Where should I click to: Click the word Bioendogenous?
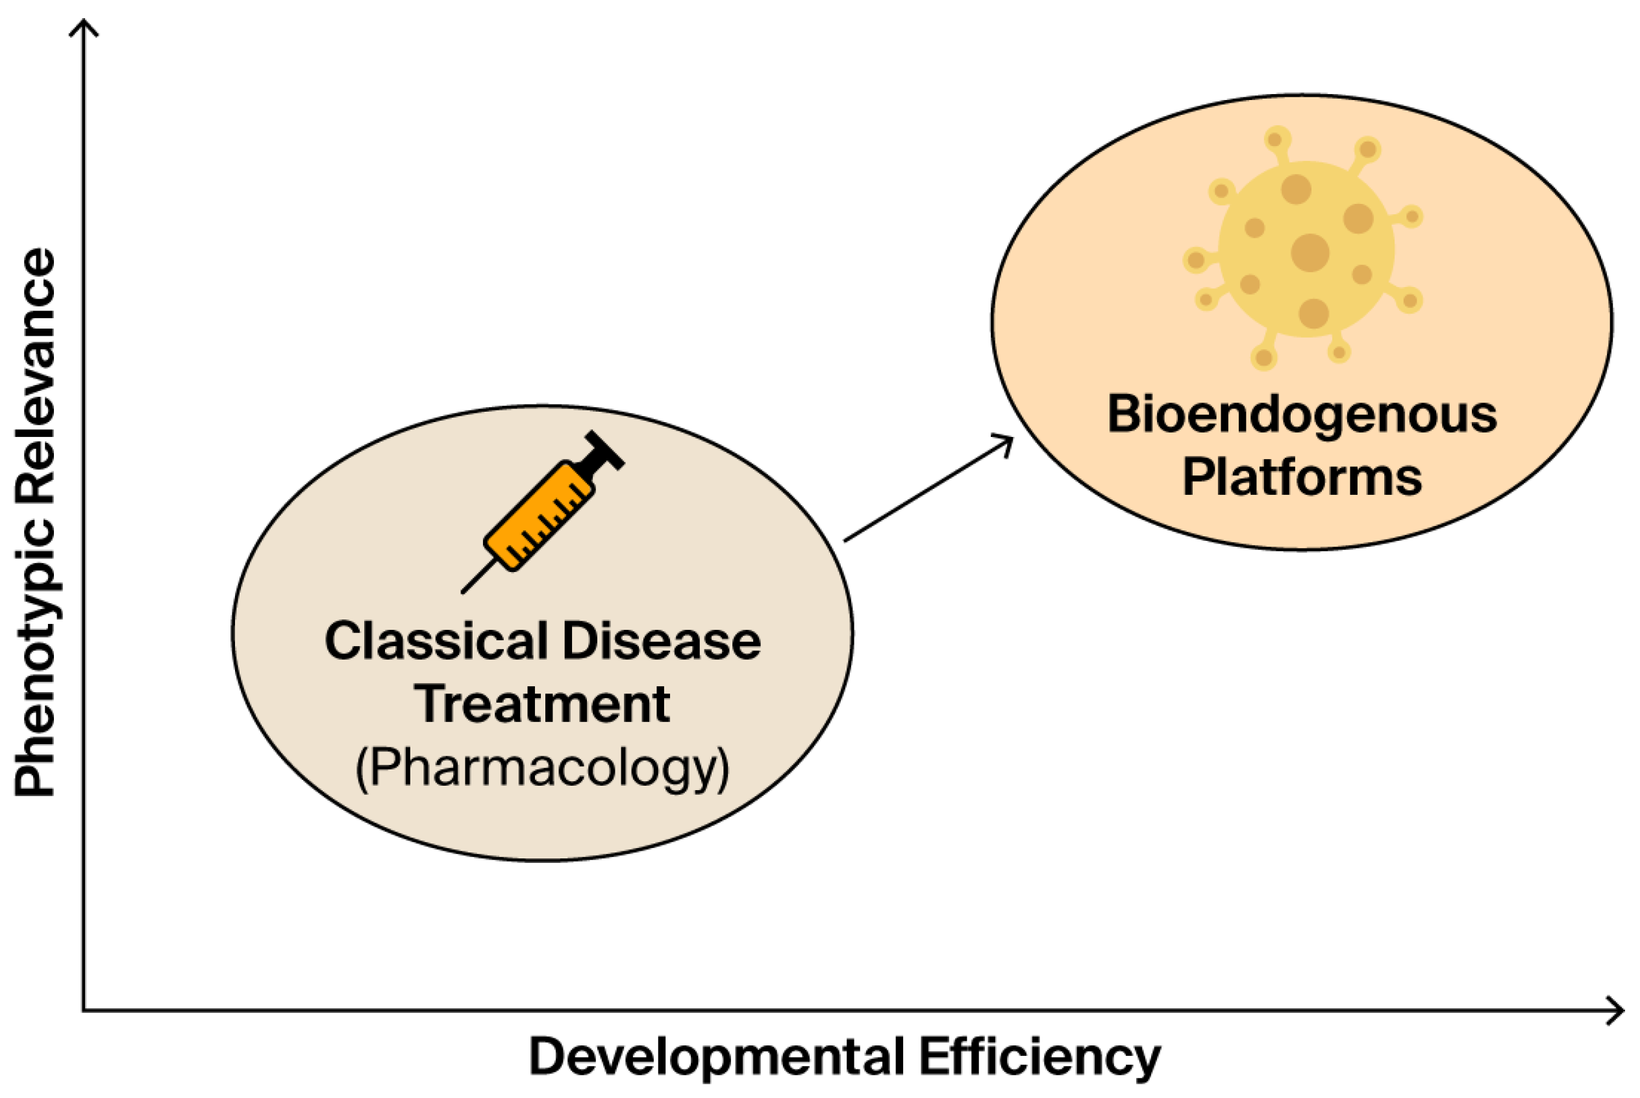tap(1301, 414)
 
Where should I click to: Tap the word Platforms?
tap(1301, 477)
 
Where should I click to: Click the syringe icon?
tap(543, 511)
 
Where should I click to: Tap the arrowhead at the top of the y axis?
tap(84, 25)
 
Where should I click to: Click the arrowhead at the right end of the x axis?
tap(1619, 1010)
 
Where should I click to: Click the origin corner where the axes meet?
tap(84, 1010)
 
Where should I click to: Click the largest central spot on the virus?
tap(1310, 252)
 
